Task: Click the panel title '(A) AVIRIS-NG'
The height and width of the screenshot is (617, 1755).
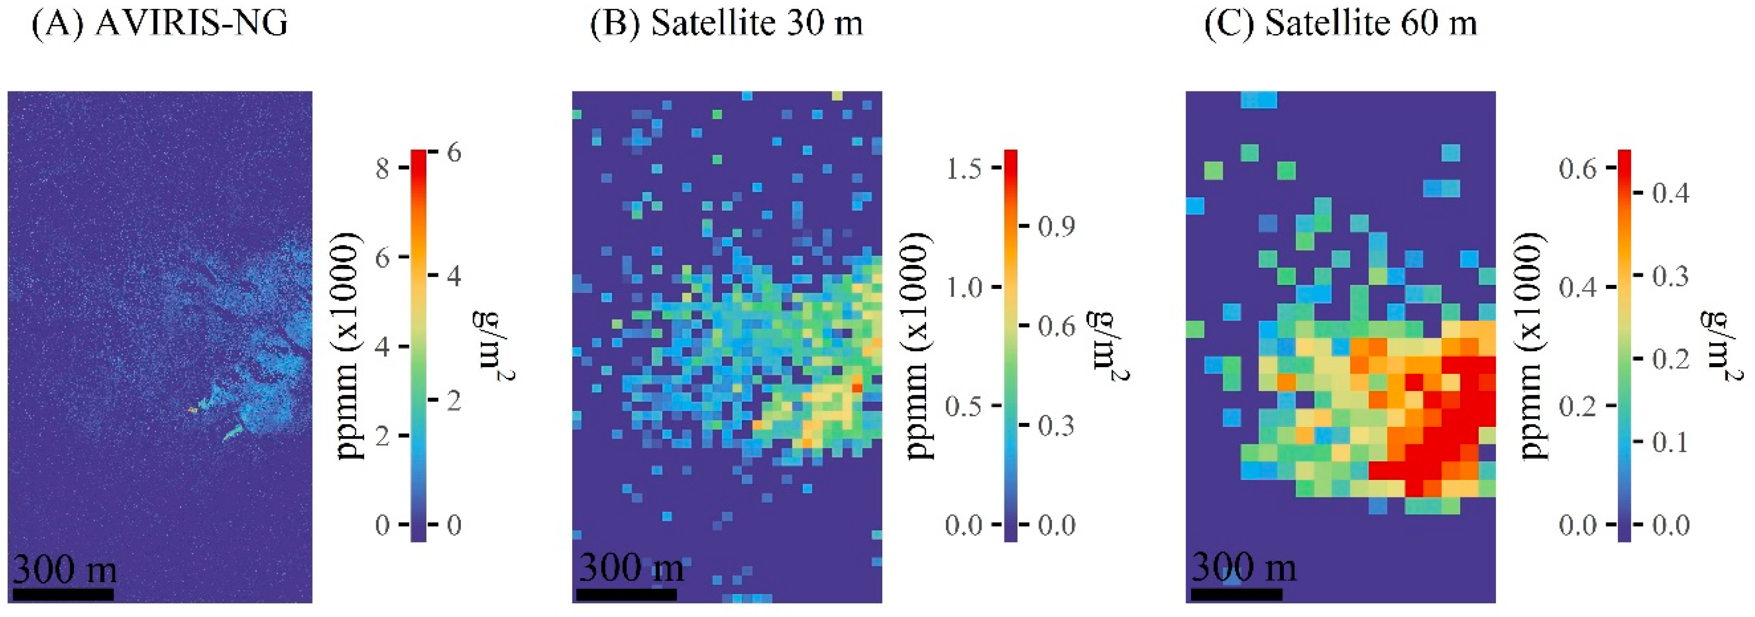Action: (160, 24)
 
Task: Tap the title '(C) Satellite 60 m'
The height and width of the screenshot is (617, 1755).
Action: (1341, 24)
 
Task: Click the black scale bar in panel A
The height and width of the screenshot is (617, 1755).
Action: (63, 595)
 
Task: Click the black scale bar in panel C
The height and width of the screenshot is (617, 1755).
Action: (1237, 595)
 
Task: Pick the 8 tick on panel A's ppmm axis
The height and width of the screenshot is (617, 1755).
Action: (383, 168)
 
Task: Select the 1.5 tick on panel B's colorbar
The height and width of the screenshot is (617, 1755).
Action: (964, 168)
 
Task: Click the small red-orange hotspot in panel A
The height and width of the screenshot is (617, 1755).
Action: (193, 410)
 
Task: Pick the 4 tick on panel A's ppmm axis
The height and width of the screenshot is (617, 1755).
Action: (383, 347)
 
